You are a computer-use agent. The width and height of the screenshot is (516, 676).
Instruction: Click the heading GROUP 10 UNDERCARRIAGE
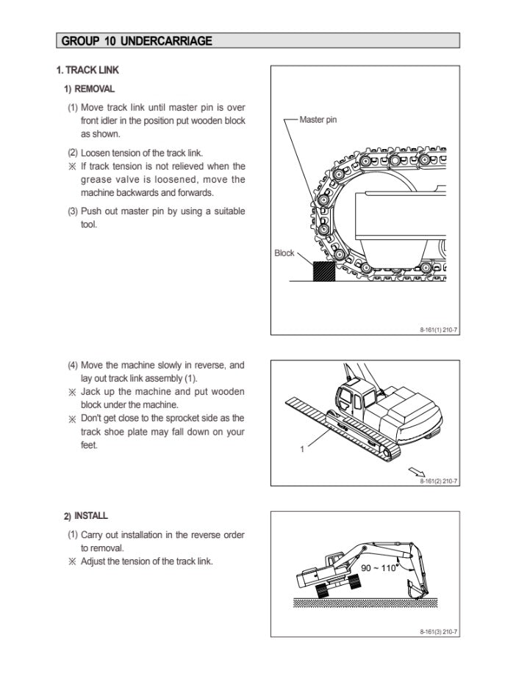pyautogui.click(x=137, y=41)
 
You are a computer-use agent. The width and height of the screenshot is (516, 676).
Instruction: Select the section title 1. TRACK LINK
pyautogui.click(x=87, y=70)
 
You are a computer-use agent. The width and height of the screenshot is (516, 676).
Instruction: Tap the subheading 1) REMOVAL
pyautogui.click(x=89, y=89)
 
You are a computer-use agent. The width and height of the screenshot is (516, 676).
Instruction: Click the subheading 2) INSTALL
pyautogui.click(x=86, y=516)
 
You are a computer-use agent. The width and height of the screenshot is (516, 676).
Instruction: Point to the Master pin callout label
pyautogui.click(x=318, y=120)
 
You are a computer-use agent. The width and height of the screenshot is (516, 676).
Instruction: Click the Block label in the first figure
pyautogui.click(x=284, y=253)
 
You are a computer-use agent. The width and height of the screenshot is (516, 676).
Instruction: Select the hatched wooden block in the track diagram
pyautogui.click(x=323, y=272)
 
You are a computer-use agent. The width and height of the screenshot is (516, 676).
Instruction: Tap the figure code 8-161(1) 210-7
pyautogui.click(x=439, y=330)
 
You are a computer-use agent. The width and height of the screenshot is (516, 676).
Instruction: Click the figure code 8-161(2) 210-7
pyautogui.click(x=439, y=481)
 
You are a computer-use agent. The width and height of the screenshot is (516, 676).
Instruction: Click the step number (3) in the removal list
pyautogui.click(x=73, y=211)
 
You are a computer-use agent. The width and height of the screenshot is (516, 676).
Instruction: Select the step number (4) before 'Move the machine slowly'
pyautogui.click(x=73, y=365)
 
